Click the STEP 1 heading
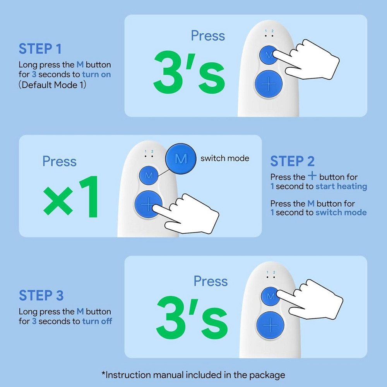pyautogui.click(x=40, y=49)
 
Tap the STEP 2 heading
pyautogui.click(x=292, y=161)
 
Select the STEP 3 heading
pyautogui.click(x=41, y=295)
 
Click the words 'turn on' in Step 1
pyautogui.click(x=96, y=74)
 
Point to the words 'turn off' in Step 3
pyautogui.click(x=97, y=321)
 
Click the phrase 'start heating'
pyautogui.click(x=341, y=187)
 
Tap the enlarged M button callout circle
pyautogui.click(x=181, y=159)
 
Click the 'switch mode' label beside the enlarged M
pyautogui.click(x=225, y=158)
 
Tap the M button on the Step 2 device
pyautogui.click(x=149, y=175)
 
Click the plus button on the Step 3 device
pyautogui.click(x=270, y=325)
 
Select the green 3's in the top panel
pyautogui.click(x=189, y=72)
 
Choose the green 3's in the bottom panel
pyautogui.click(x=192, y=318)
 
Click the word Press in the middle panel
pyautogui.click(x=60, y=161)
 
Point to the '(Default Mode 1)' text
pyautogui.click(x=52, y=85)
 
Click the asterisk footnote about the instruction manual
pyautogui.click(x=193, y=375)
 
